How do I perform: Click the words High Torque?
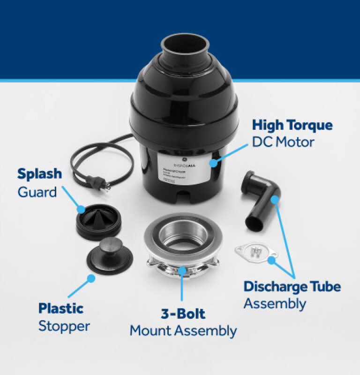[x=292, y=125]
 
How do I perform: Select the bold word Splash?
[x=39, y=173]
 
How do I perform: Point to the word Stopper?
[x=64, y=326]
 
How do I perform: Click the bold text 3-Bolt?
[x=182, y=313]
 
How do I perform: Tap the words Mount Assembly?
[x=183, y=331]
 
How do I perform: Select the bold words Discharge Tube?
[x=292, y=286]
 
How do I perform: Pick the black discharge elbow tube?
[x=259, y=199]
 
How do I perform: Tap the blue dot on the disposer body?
[x=214, y=164]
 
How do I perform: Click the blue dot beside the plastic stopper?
[x=91, y=278]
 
